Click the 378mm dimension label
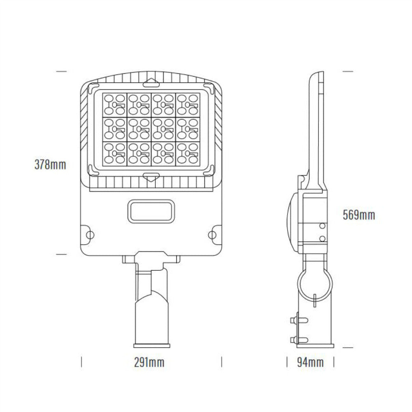50,165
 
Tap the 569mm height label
359,215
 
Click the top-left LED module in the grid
115,104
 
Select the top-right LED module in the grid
188,104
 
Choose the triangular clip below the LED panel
151,177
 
